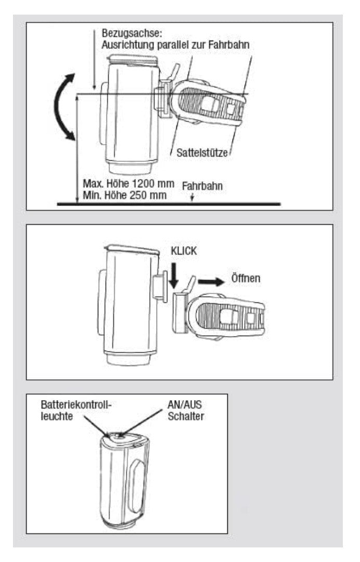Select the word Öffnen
[x=245, y=279]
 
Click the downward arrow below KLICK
[x=174, y=274]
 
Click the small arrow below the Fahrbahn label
[x=192, y=197]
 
